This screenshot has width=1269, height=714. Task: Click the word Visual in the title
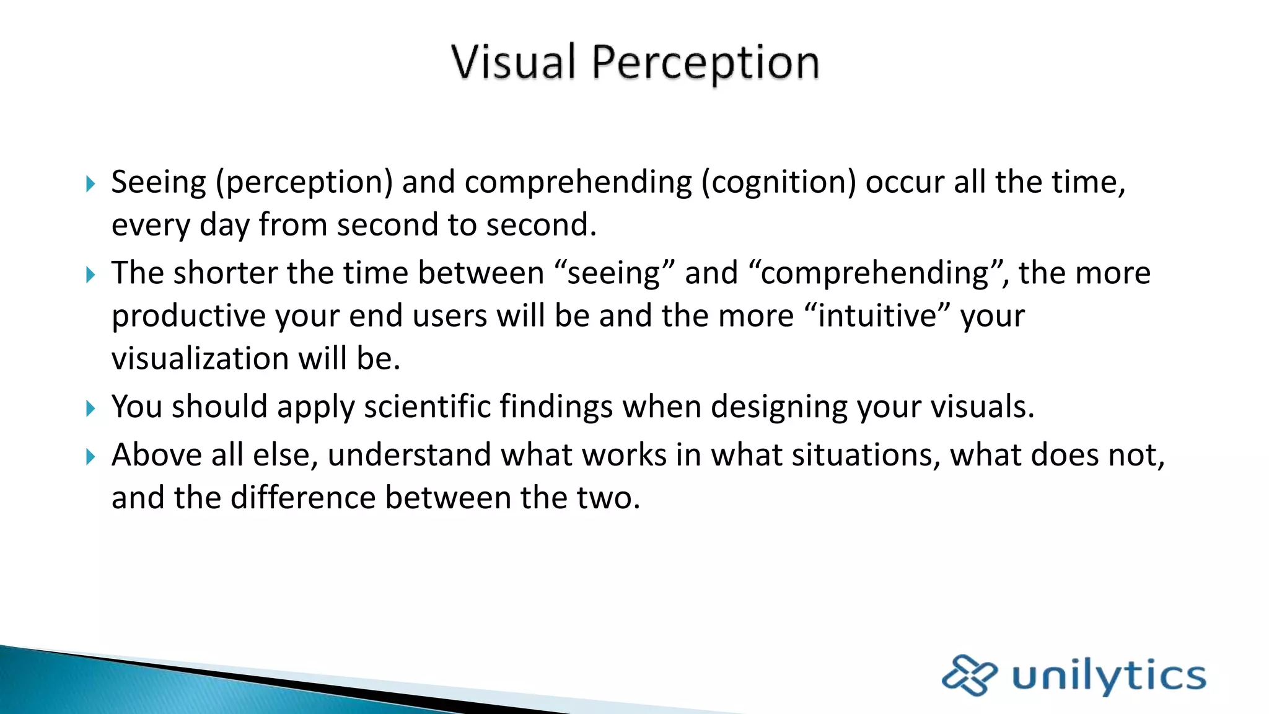click(x=514, y=62)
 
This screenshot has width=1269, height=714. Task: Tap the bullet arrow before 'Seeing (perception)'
click(x=90, y=183)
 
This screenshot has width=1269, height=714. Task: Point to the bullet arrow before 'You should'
click(x=90, y=408)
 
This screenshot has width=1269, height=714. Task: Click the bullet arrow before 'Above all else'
click(x=90, y=457)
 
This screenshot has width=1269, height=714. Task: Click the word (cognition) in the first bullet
click(x=778, y=183)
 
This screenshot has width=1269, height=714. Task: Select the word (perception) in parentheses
click(x=304, y=183)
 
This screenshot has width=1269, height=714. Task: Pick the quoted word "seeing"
click(x=614, y=273)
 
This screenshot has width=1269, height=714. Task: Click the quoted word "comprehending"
click(x=875, y=273)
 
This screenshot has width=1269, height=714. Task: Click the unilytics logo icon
click(x=969, y=675)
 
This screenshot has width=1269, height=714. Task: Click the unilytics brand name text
click(x=1109, y=676)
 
